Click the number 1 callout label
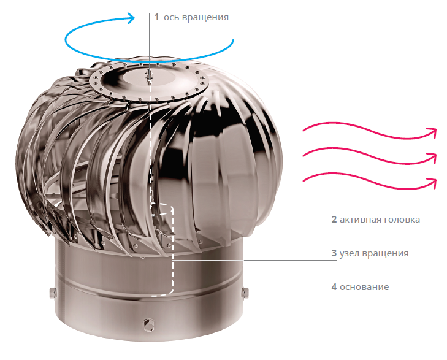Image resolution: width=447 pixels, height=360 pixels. pyautogui.click(x=156, y=17)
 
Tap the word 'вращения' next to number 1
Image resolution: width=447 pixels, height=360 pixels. pyautogui.click(x=205, y=18)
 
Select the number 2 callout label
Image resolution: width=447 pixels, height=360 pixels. pyautogui.click(x=334, y=220)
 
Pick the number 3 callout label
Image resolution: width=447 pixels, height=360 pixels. pyautogui.click(x=334, y=253)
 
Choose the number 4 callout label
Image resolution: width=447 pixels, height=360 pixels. pyautogui.click(x=334, y=286)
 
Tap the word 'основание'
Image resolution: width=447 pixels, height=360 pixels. pyautogui.click(x=364, y=287)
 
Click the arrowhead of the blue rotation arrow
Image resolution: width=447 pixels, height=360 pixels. pyautogui.click(x=132, y=18)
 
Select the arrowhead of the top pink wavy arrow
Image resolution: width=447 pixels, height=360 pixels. pyautogui.click(x=433, y=132)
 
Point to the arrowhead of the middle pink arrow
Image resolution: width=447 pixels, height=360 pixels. pyautogui.click(x=433, y=158)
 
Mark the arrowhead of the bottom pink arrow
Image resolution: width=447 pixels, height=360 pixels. pyautogui.click(x=433, y=183)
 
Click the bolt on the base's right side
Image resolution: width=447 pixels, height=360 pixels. pyautogui.click(x=245, y=293)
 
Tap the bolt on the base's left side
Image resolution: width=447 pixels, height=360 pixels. pyautogui.click(x=53, y=293)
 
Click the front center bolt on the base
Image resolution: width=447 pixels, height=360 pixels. pyautogui.click(x=149, y=325)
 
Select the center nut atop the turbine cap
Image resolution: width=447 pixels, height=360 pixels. pyautogui.click(x=149, y=76)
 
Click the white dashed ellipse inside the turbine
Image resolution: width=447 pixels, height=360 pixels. pyautogui.click(x=162, y=209)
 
